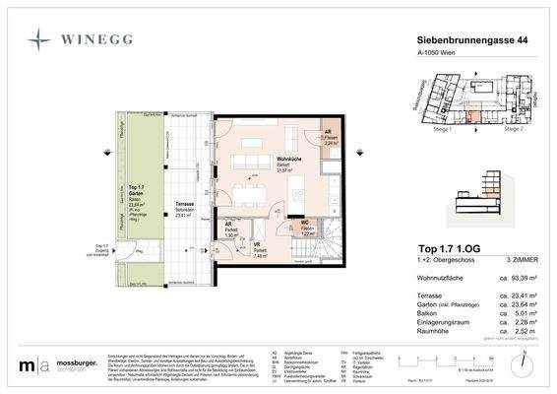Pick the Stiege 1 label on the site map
431,128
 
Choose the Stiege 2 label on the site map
512,128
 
